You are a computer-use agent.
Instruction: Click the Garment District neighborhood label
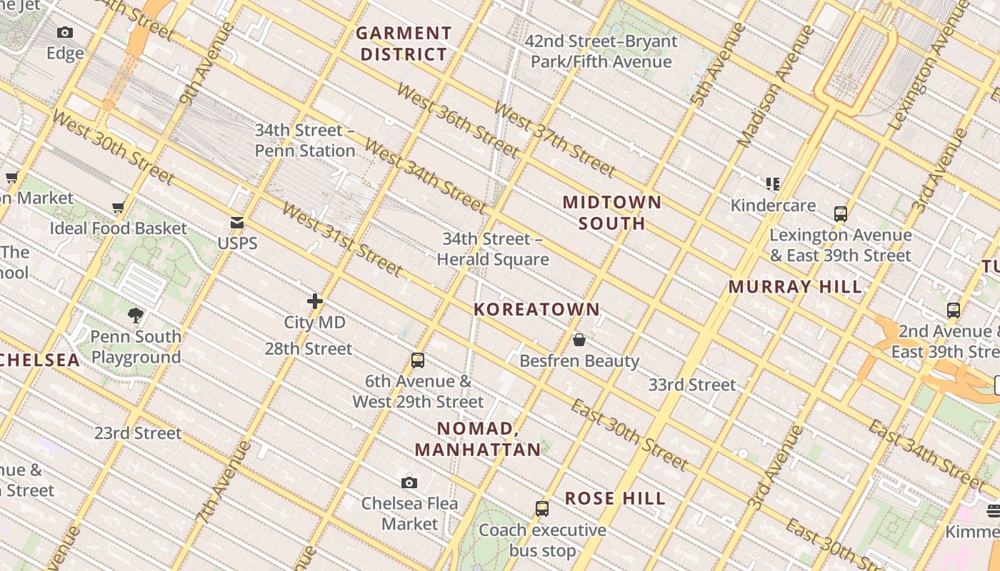404,44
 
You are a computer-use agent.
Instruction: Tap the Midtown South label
612,213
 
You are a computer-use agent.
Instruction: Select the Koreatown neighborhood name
537,309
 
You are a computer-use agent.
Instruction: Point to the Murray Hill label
795,287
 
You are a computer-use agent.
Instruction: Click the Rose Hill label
615,498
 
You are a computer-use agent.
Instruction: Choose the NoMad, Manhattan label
478,438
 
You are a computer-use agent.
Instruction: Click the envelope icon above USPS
237,223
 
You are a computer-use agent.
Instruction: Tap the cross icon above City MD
314,301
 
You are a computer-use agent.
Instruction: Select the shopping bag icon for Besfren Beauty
579,340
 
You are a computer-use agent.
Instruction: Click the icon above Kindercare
772,185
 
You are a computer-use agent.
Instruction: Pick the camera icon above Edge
65,33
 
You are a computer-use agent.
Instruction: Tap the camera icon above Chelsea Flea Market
409,483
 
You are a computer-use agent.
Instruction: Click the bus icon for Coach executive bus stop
542,509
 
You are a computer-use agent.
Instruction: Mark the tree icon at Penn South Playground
136,315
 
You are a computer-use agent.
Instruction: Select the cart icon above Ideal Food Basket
119,208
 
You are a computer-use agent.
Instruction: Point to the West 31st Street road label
343,240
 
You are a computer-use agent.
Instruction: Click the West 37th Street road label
554,140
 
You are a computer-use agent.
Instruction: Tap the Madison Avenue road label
775,86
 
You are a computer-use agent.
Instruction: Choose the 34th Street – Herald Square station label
493,249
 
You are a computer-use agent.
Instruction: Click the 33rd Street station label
691,385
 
